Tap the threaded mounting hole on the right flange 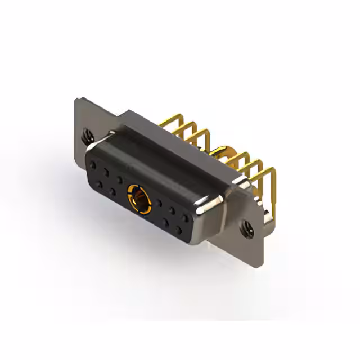(x=246, y=227)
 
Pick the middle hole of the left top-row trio (x=107, y=172)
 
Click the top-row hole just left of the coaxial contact (x=120, y=179)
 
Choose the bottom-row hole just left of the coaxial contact (x=113, y=191)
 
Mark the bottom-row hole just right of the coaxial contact (x=165, y=221)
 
